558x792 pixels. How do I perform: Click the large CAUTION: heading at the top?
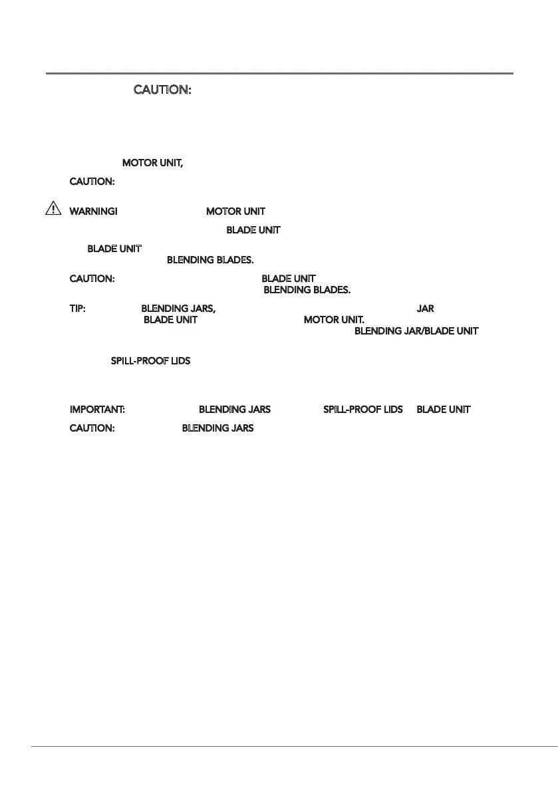(x=163, y=90)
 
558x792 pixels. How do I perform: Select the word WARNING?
(x=94, y=211)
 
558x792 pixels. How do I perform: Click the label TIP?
(x=78, y=309)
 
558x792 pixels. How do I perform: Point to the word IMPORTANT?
(x=98, y=410)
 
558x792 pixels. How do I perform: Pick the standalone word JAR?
(x=425, y=309)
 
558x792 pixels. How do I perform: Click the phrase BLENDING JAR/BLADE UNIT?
(x=416, y=330)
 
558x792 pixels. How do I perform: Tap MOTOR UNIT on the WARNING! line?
(x=235, y=211)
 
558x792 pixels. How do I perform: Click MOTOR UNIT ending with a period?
(x=334, y=320)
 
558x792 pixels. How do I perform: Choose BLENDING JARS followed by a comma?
(x=178, y=309)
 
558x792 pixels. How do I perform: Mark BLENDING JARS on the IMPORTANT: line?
(x=235, y=410)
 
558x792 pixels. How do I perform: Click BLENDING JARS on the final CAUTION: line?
(x=218, y=428)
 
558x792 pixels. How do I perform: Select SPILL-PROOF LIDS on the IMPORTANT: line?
(x=363, y=410)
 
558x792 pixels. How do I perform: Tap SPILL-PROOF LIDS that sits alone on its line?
(x=150, y=361)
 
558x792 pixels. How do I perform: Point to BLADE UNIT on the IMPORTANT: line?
(x=444, y=410)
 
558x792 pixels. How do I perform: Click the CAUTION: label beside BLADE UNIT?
(x=93, y=278)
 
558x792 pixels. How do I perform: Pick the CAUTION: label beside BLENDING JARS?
(x=93, y=428)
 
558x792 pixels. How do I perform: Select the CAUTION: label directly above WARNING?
(x=93, y=181)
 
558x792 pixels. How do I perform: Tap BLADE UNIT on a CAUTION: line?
(x=288, y=278)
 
